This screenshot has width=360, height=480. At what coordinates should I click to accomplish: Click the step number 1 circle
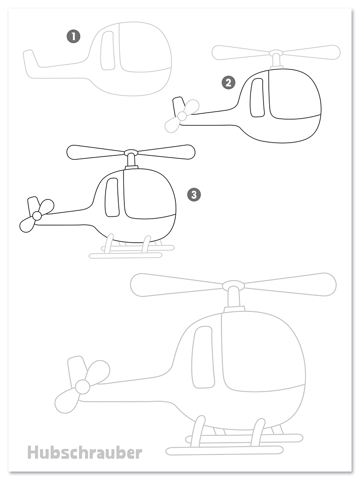click(x=73, y=36)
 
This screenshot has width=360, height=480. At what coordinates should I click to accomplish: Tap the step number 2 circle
click(x=228, y=82)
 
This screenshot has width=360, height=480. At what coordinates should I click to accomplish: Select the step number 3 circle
click(x=193, y=194)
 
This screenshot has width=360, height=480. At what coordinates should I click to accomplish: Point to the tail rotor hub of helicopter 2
click(x=182, y=116)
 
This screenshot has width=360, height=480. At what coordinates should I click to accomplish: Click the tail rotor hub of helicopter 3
click(x=37, y=216)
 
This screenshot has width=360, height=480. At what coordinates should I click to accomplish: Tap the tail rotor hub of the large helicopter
click(x=82, y=387)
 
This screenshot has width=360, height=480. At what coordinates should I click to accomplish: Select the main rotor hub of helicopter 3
click(x=131, y=152)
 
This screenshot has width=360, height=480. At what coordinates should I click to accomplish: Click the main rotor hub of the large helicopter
click(x=233, y=286)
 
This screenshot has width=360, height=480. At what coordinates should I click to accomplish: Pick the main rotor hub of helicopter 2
click(x=276, y=53)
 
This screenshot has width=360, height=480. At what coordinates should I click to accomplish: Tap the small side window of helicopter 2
click(x=257, y=98)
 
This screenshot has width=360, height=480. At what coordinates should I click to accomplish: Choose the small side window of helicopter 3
click(x=112, y=197)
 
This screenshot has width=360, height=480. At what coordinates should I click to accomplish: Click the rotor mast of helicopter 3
click(x=131, y=160)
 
